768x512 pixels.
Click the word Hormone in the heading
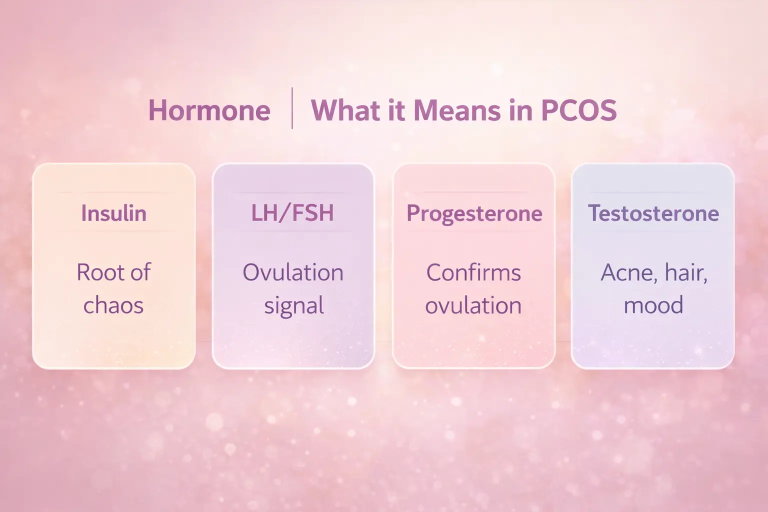click(209, 110)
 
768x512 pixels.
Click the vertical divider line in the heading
click(292, 108)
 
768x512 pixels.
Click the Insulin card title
click(113, 213)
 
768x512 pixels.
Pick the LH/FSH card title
click(292, 213)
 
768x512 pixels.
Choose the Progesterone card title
click(474, 213)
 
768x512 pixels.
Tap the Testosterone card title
click(653, 213)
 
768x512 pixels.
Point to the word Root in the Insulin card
click(99, 272)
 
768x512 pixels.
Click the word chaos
click(113, 305)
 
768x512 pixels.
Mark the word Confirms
click(473, 272)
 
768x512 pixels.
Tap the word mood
click(653, 305)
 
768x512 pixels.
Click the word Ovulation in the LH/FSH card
click(293, 272)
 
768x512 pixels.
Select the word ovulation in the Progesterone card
click(473, 305)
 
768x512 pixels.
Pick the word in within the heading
click(520, 110)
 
